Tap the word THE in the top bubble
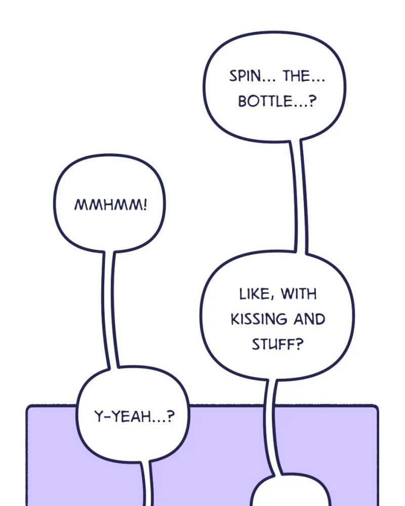pyautogui.click(x=297, y=76)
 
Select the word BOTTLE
pyautogui.click(x=265, y=101)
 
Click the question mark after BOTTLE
pyautogui.click(x=312, y=101)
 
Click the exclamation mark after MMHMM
pyautogui.click(x=145, y=204)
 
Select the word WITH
pyautogui.click(x=299, y=294)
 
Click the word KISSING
pyautogui.click(x=259, y=319)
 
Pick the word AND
pyautogui.click(x=309, y=319)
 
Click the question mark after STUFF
pyautogui.click(x=300, y=344)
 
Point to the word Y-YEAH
pyautogui.click(x=123, y=416)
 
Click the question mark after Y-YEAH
pyautogui.click(x=171, y=416)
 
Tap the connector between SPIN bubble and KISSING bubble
pyautogui.click(x=299, y=196)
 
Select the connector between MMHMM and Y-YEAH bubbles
pyautogui.click(x=110, y=309)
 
